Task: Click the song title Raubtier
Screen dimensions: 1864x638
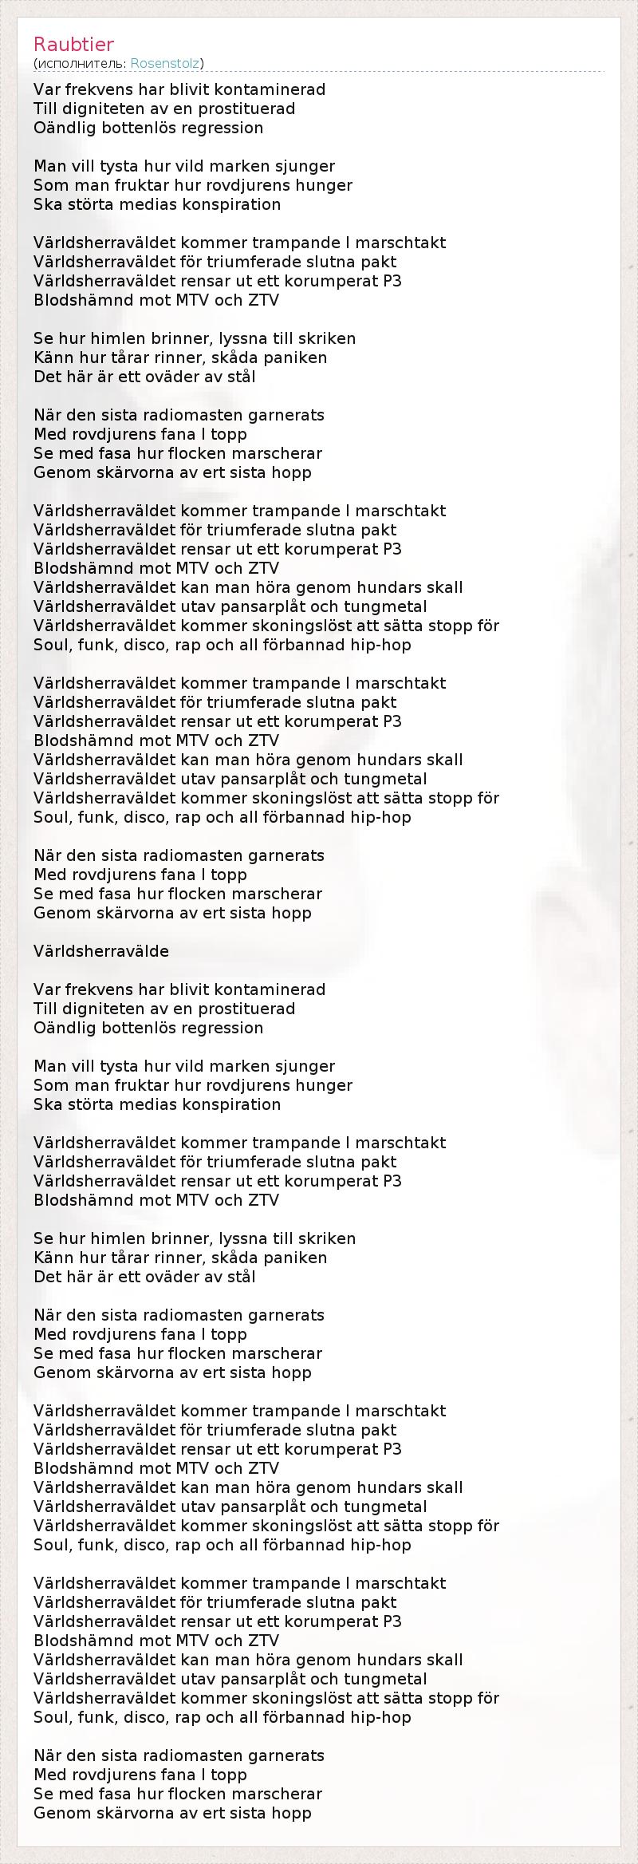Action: click(73, 44)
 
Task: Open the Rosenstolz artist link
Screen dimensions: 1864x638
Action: click(165, 63)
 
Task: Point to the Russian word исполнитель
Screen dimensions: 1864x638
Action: click(81, 63)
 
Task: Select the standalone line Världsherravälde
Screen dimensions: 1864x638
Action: click(101, 951)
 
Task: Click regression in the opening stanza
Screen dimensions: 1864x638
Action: click(223, 128)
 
